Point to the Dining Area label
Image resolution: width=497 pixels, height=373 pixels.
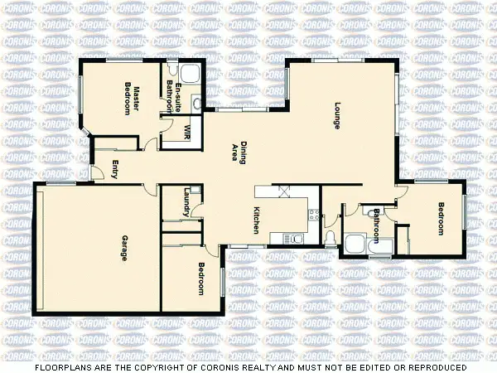pos(239,153)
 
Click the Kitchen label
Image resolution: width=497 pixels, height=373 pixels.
pos(258,220)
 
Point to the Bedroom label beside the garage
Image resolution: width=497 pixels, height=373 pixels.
pos(201,279)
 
